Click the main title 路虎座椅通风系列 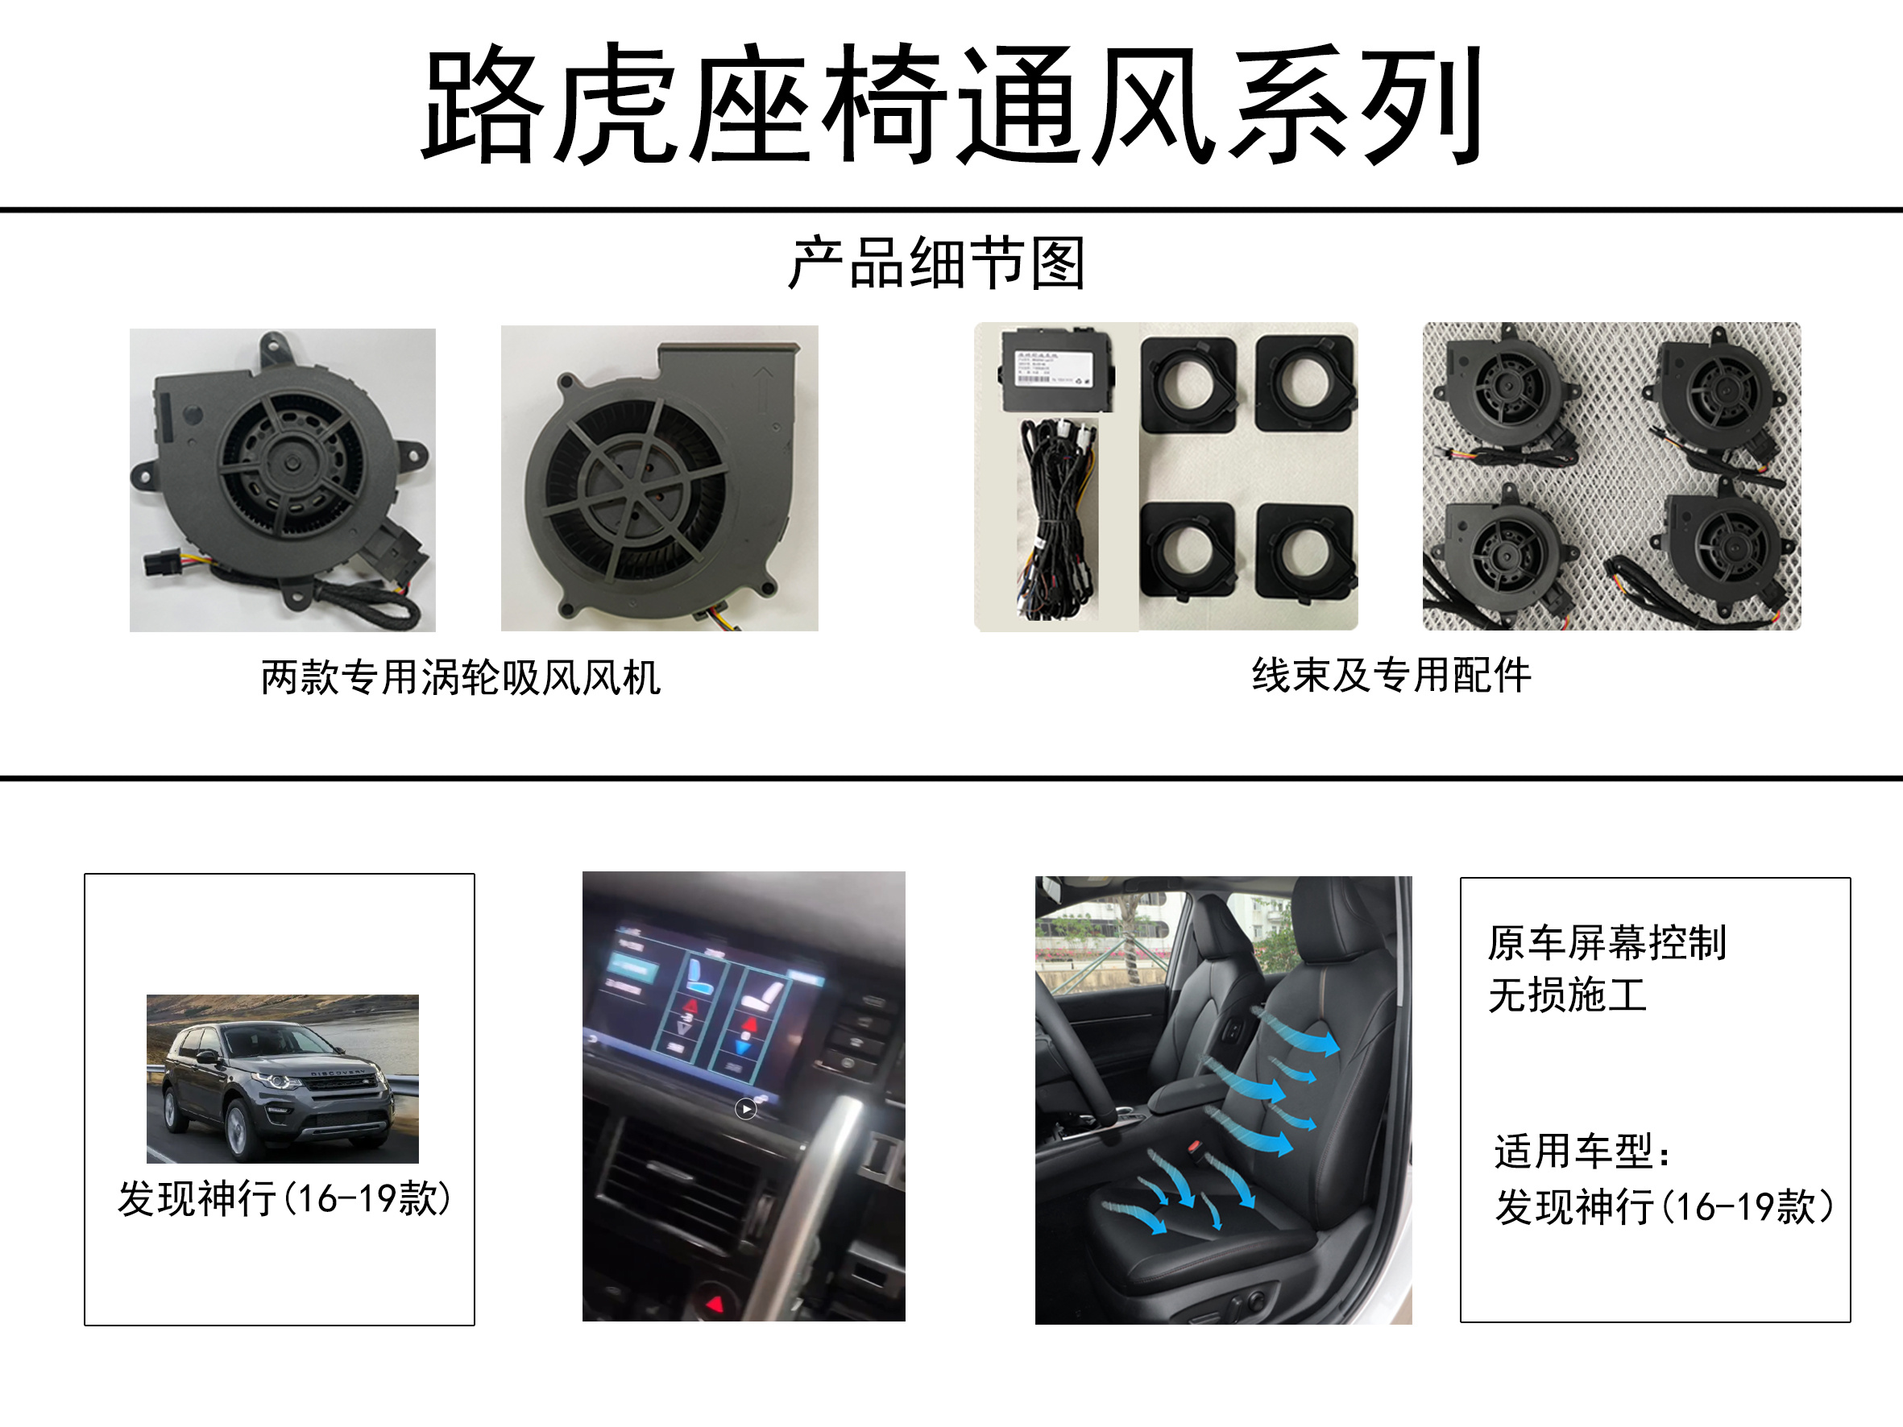pos(952,103)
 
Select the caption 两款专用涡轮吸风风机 pos(460,677)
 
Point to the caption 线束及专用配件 pos(1391,674)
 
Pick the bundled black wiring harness pos(1056,516)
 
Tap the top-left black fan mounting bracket pos(1189,383)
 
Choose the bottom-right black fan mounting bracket pos(1304,551)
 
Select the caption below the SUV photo pos(284,1198)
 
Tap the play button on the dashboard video pos(746,1110)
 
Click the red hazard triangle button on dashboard pos(715,1305)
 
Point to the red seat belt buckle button pos(1195,1146)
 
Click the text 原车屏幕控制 pos(1607,943)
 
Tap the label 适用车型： pos(1583,1152)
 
